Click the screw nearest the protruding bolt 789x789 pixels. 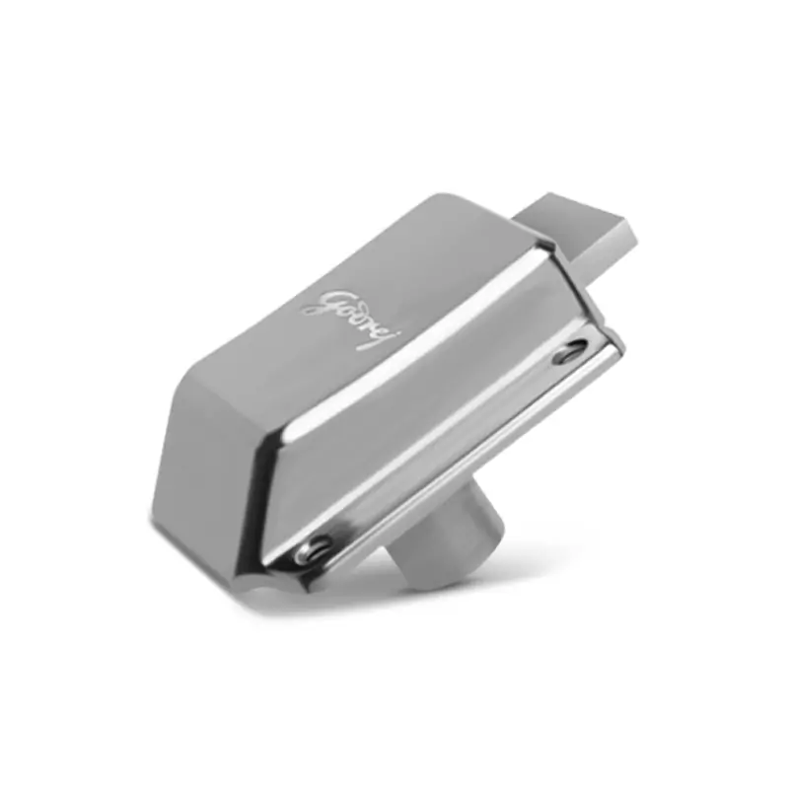point(570,352)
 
